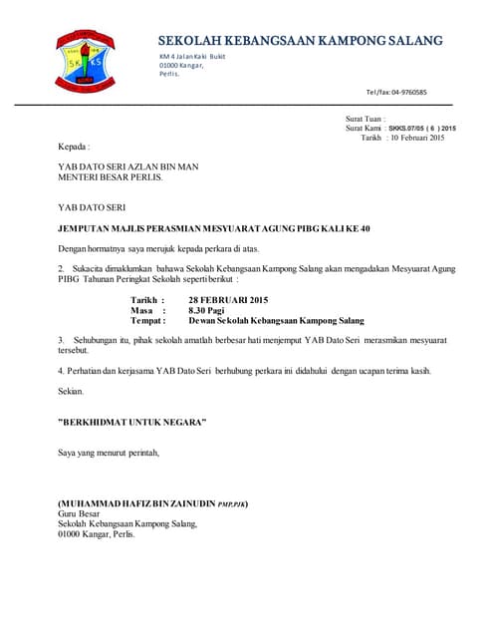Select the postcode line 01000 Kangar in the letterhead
188,65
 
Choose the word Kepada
74,147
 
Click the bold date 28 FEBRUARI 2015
228,300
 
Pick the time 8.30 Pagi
208,310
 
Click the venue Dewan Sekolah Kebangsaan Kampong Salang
276,321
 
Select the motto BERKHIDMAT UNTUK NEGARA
131,423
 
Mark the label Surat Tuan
365,119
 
